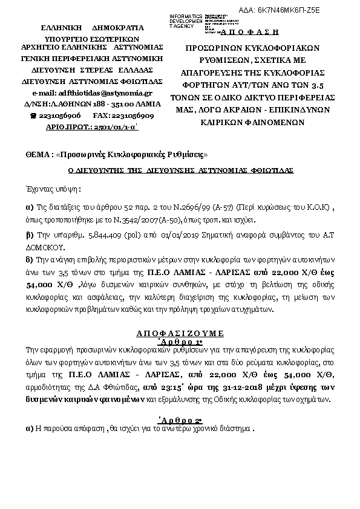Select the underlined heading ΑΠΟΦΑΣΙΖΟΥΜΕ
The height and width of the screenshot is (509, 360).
180,333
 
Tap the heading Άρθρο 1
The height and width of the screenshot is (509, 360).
180,341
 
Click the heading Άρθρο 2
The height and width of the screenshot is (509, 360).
180,420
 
